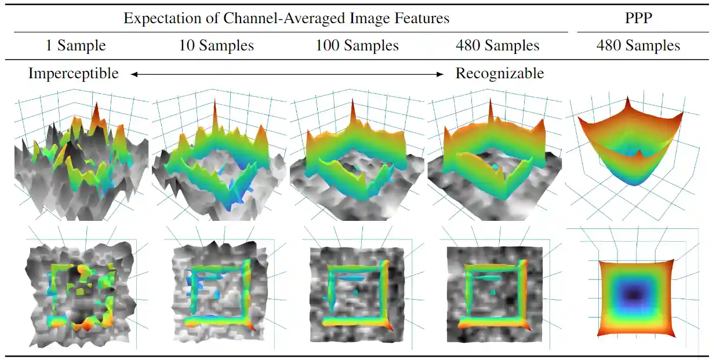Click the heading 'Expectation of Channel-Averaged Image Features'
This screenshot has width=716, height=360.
[x=286, y=18]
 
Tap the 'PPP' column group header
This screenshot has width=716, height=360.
[x=638, y=18]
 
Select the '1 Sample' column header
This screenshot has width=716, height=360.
[x=75, y=46]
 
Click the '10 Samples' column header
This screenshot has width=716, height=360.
[x=216, y=46]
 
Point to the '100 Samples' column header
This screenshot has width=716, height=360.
[x=357, y=46]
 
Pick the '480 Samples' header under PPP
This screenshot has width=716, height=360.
[x=638, y=46]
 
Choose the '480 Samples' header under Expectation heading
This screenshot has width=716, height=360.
[x=498, y=46]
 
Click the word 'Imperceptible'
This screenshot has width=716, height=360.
[x=74, y=74]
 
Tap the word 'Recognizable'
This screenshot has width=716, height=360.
[x=500, y=74]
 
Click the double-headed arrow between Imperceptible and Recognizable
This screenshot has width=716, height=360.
[x=286, y=74]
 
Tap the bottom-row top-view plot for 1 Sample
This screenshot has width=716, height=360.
[x=81, y=293]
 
